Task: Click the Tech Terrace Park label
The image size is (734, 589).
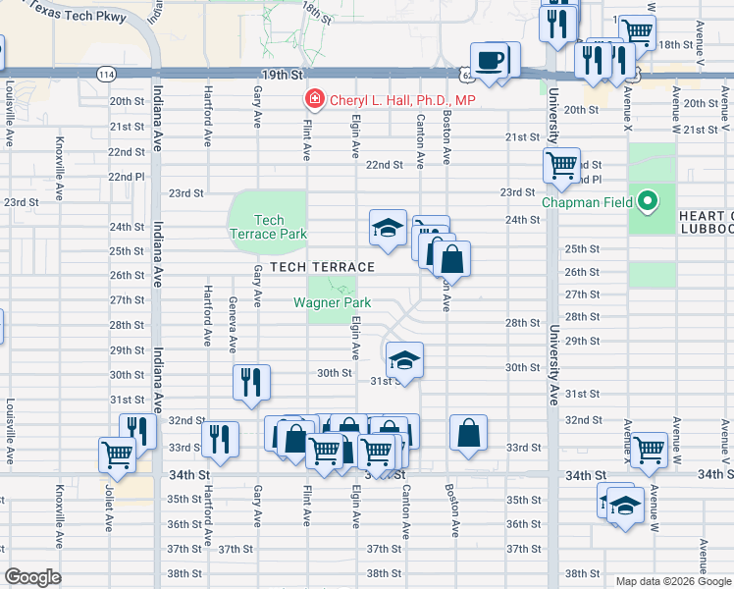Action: pos(269,227)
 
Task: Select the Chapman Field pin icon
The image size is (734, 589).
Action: pos(647,203)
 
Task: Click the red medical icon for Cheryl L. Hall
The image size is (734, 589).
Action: pos(313,100)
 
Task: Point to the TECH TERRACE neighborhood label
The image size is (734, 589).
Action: pos(322,267)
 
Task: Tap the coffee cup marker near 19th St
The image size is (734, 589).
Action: pos(491,61)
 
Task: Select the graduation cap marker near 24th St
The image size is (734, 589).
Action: pos(388,228)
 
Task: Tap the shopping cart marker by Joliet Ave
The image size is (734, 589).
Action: pos(117,455)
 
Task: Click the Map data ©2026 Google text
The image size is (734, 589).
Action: pos(672,580)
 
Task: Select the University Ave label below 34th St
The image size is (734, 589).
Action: pos(553,520)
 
